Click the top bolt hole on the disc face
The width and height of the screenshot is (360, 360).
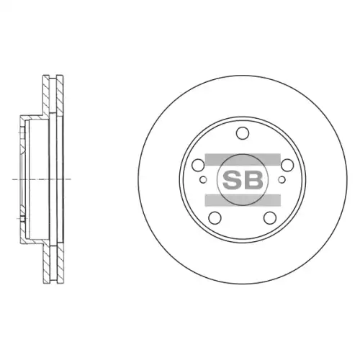tap(243, 133)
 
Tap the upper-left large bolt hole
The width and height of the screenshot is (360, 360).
tap(198, 165)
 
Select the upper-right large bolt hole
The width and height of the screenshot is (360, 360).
tap(287, 165)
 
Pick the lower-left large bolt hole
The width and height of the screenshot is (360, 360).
tap(215, 217)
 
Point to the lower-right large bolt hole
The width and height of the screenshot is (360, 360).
tap(270, 217)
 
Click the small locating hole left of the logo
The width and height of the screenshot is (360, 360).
tap(203, 179)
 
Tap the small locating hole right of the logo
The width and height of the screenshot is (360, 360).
tap(282, 179)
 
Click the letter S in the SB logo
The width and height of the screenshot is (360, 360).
tap(232, 180)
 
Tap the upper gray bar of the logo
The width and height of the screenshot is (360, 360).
tap(243, 159)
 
